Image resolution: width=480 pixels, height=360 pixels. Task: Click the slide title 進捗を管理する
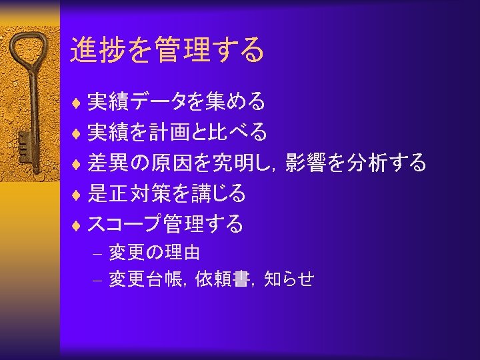[167, 50]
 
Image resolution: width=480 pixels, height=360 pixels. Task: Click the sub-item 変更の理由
[155, 253]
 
